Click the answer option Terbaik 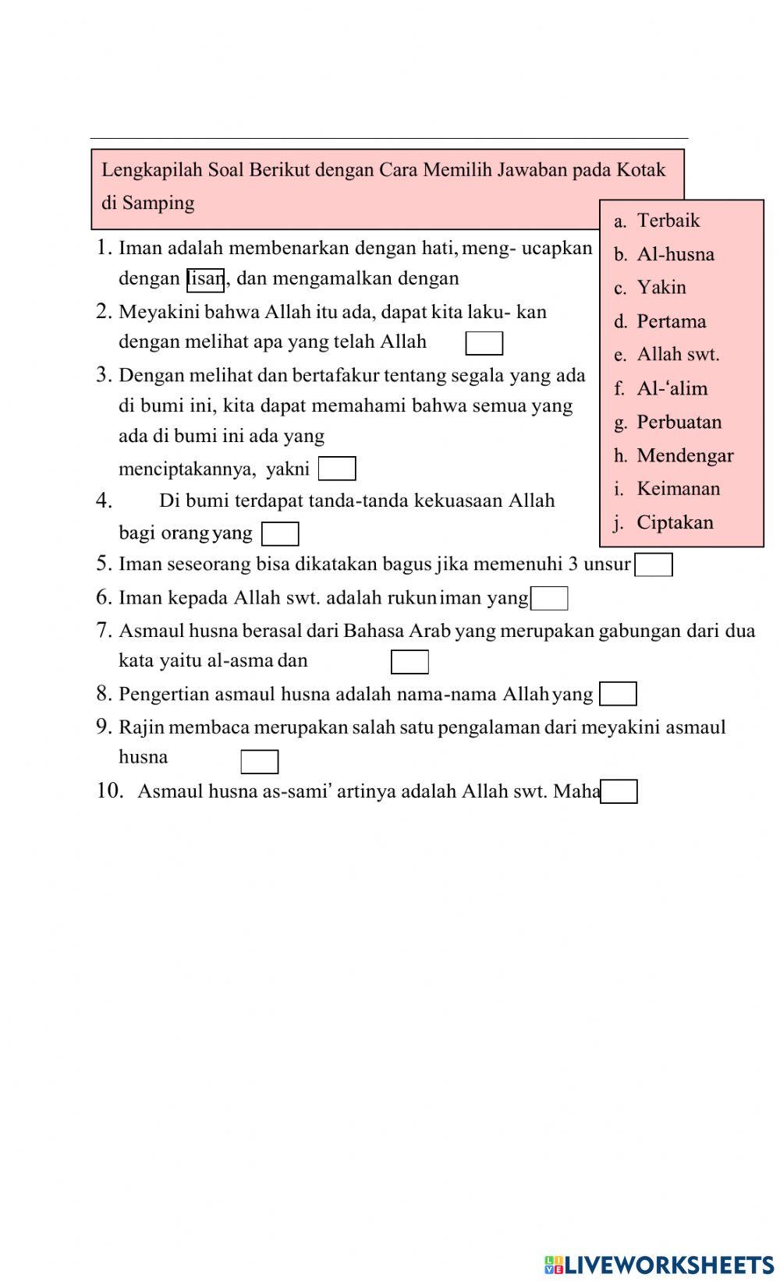(x=668, y=221)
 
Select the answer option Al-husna (x=675, y=254)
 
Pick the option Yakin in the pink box (x=661, y=288)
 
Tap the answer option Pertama (x=671, y=321)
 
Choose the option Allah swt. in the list (x=677, y=355)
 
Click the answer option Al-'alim (x=672, y=388)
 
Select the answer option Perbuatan (x=679, y=422)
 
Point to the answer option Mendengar (x=684, y=455)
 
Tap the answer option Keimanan (x=678, y=489)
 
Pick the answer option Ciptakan (x=674, y=522)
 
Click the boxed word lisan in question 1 (x=206, y=279)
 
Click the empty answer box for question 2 (x=484, y=343)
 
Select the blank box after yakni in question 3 (x=337, y=469)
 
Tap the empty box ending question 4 (x=280, y=534)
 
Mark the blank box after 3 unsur (x=654, y=564)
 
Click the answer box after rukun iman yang (x=549, y=599)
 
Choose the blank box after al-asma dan (x=409, y=662)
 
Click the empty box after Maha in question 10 (x=619, y=792)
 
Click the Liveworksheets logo (x=659, y=1264)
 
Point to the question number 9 (x=105, y=727)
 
